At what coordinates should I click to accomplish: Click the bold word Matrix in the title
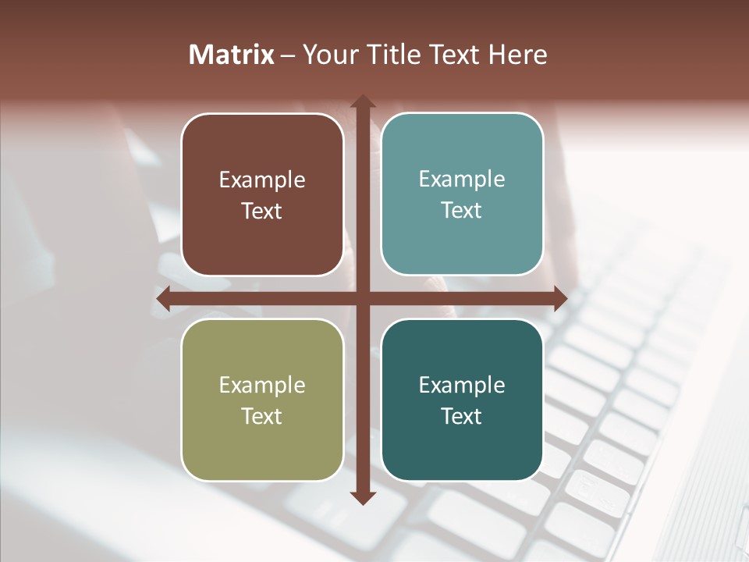click(x=231, y=55)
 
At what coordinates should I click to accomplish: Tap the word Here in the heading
click(x=517, y=55)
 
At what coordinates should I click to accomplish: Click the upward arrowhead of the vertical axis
click(x=362, y=101)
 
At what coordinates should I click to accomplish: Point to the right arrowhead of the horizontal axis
click(x=559, y=298)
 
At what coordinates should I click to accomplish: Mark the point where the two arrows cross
click(x=362, y=298)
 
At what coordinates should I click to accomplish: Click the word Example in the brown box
click(x=262, y=180)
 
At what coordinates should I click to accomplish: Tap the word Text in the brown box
click(x=262, y=211)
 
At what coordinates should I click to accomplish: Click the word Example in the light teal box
click(x=462, y=180)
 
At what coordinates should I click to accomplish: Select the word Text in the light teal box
click(x=462, y=210)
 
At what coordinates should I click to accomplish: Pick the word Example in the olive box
click(x=262, y=386)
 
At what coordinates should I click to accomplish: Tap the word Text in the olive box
click(x=262, y=416)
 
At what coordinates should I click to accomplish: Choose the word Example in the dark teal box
click(x=462, y=386)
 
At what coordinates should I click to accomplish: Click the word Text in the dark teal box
click(x=462, y=416)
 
